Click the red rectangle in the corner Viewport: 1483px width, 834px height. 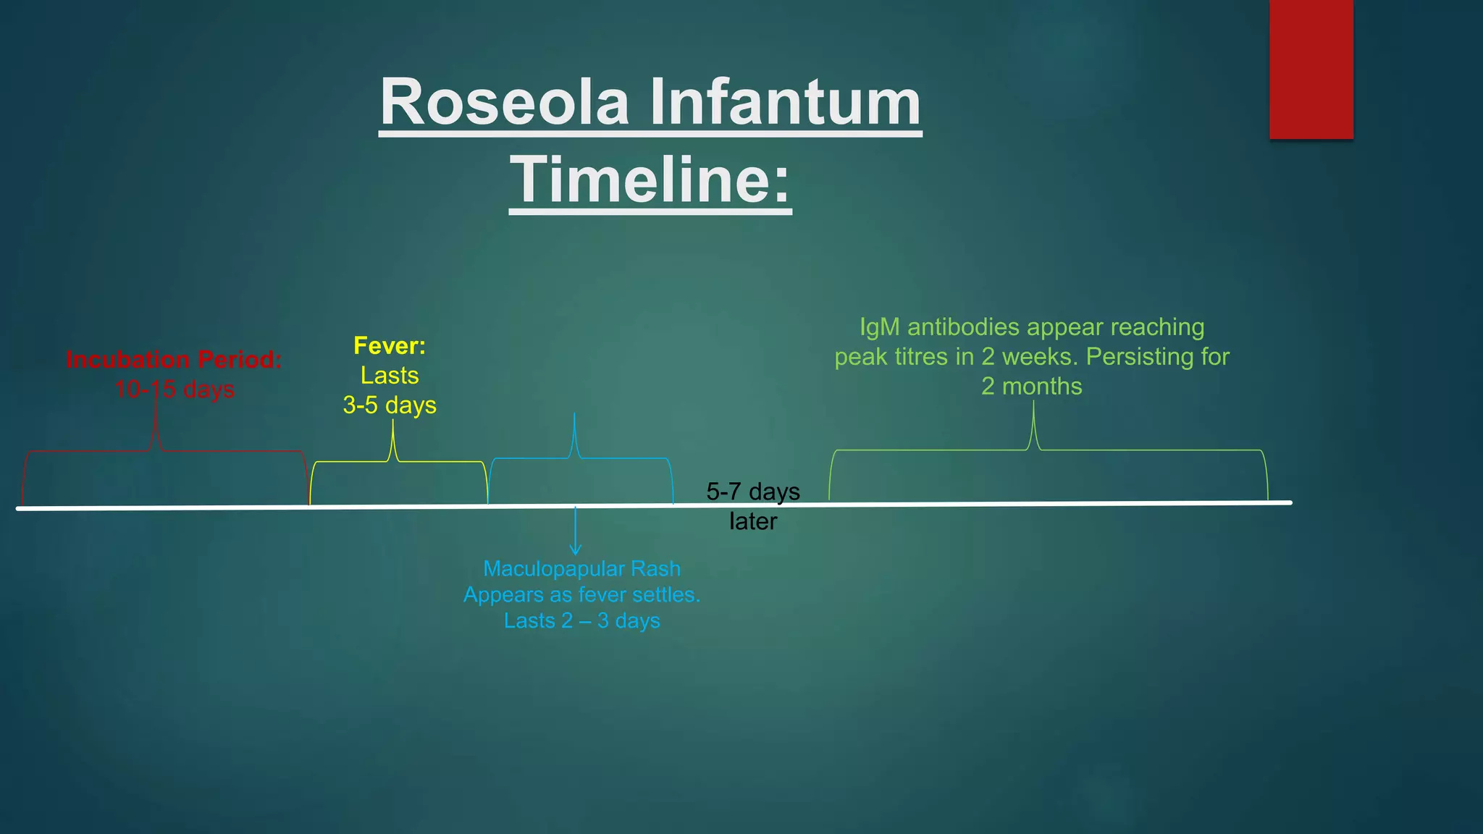tap(1311, 69)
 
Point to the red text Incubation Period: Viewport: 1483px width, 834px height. tap(174, 359)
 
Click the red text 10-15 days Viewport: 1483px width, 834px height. tap(175, 389)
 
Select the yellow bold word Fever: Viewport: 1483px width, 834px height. tap(390, 345)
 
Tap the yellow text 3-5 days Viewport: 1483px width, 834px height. tap(390, 405)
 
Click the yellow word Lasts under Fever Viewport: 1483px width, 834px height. tap(390, 375)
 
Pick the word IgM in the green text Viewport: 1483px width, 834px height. tap(879, 327)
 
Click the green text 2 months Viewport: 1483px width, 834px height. tap(1031, 386)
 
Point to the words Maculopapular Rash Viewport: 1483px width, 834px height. tap(581, 568)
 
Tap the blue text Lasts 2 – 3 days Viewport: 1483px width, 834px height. tap(581, 620)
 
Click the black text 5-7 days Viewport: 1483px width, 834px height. tap(753, 492)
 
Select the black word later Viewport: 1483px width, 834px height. tap(753, 521)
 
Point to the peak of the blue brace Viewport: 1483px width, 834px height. tap(574, 416)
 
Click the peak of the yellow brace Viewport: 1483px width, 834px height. tap(393, 424)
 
